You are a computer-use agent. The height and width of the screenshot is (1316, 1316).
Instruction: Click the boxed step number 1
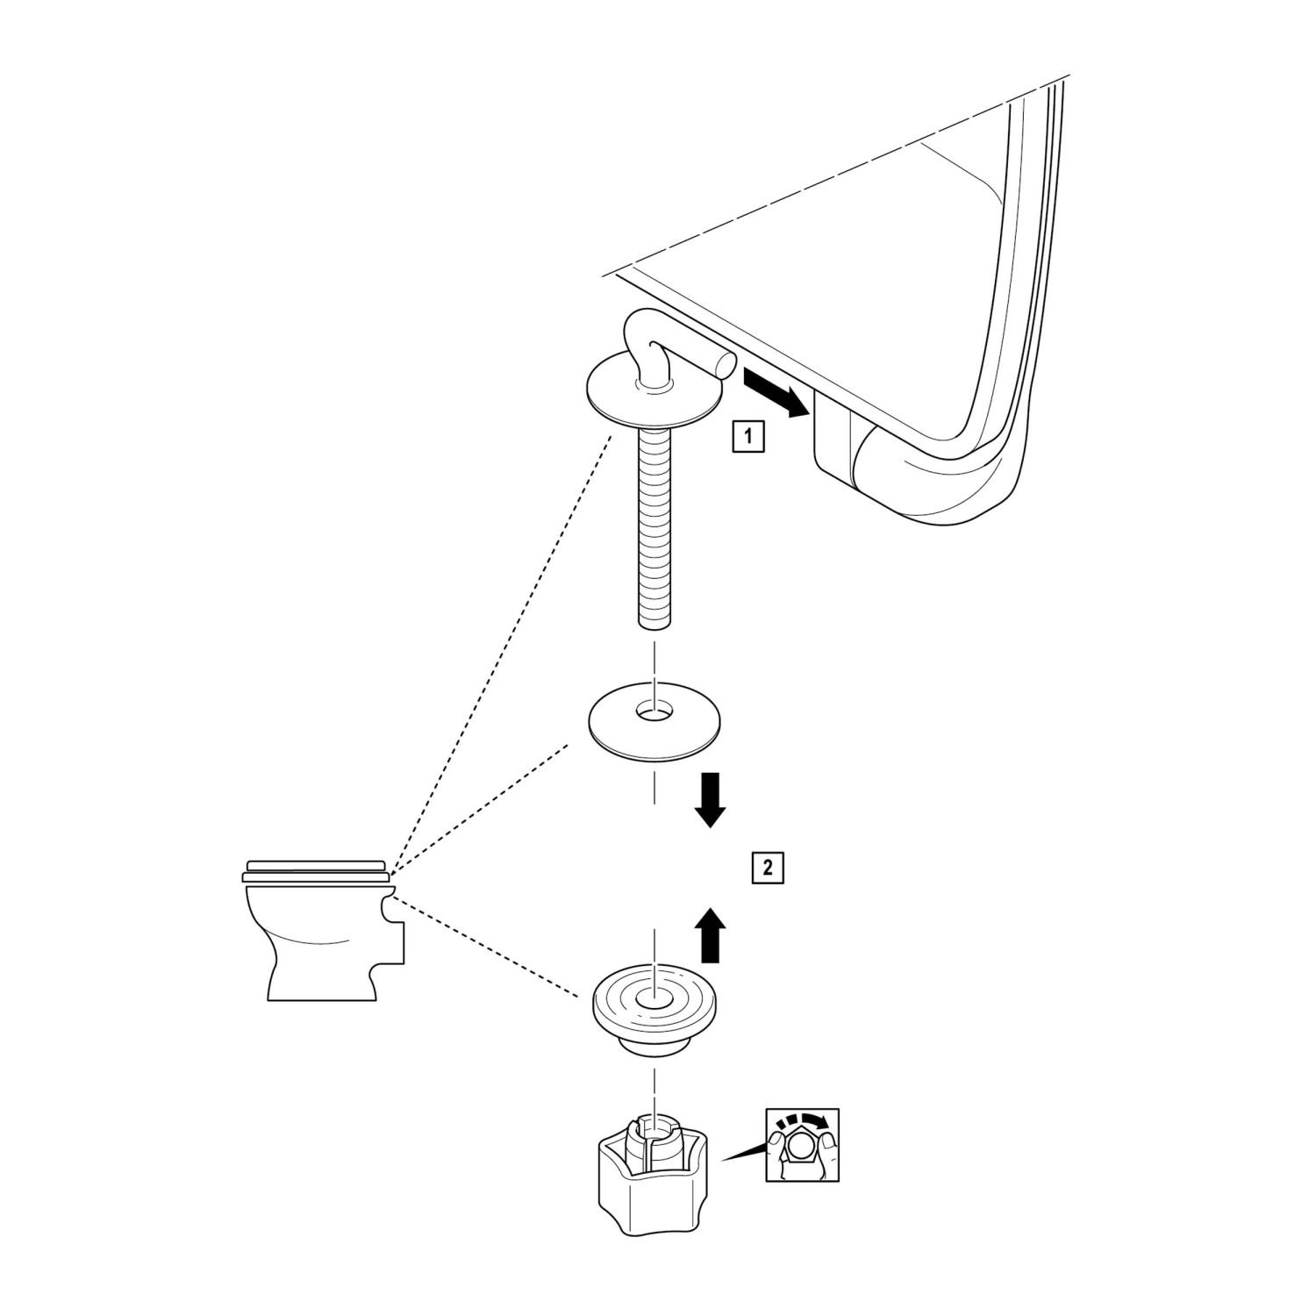tap(747, 435)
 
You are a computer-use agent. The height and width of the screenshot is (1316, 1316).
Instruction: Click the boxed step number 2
tap(768, 868)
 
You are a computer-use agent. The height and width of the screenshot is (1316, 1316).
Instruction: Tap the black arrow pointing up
tap(711, 936)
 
